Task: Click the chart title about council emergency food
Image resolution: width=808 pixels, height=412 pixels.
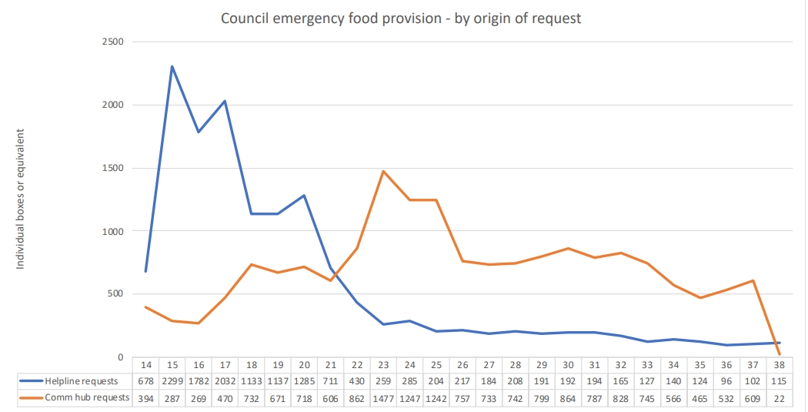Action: [x=401, y=18]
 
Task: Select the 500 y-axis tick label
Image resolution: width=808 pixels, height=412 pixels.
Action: [x=115, y=294]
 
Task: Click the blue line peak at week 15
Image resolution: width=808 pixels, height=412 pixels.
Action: [x=172, y=66]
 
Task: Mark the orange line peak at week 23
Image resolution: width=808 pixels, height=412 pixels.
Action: [x=383, y=171]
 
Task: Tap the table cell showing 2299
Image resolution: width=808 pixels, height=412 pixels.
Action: [x=172, y=381]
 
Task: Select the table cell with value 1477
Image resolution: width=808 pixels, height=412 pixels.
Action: [x=383, y=397]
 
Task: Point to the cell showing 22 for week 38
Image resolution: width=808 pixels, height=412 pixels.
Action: [x=779, y=397]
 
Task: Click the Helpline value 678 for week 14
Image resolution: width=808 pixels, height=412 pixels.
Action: [x=145, y=381]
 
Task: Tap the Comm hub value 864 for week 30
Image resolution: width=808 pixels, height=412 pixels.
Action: [x=568, y=397]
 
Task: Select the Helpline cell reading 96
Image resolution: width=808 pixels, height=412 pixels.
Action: [x=726, y=381]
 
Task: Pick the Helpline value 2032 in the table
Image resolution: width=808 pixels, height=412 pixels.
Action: [x=225, y=381]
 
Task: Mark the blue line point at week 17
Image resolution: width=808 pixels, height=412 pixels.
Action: [x=225, y=100]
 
